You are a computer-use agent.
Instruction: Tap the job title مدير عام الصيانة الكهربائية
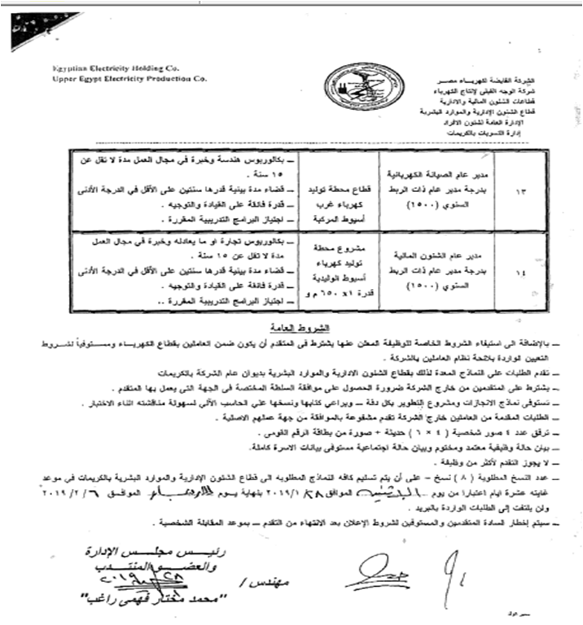pyautogui.click(x=452, y=173)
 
